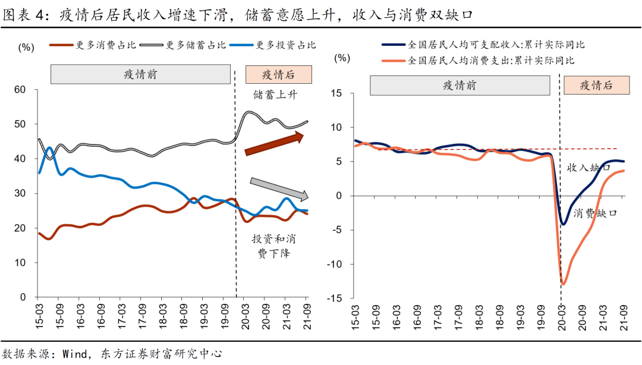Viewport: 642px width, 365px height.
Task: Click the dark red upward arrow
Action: coord(274,144)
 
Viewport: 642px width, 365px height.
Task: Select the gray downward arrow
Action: coord(278,187)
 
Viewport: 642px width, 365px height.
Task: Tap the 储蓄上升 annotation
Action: coord(274,95)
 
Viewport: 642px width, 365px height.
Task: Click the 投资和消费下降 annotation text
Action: coord(274,246)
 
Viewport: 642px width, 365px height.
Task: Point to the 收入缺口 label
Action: coord(588,168)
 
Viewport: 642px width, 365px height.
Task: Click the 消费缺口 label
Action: coord(594,212)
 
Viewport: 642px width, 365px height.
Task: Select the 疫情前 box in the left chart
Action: coord(140,74)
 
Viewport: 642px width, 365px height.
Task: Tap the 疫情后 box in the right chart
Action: coord(596,86)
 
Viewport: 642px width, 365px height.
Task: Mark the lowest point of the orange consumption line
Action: coord(562,284)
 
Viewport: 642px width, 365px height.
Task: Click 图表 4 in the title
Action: coord(24,15)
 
